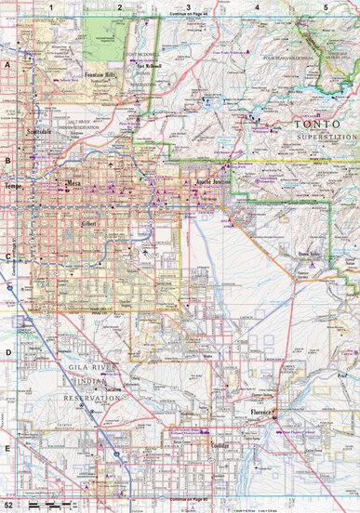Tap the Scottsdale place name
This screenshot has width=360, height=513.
(x=42, y=134)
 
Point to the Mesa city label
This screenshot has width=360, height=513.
(x=73, y=184)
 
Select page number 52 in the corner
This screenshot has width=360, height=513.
(x=7, y=503)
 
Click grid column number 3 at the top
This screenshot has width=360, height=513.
(x=189, y=7)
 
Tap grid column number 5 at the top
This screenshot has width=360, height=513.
(x=326, y=7)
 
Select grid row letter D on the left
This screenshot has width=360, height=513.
(x=7, y=352)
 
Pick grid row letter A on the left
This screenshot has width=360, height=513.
(x=7, y=67)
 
